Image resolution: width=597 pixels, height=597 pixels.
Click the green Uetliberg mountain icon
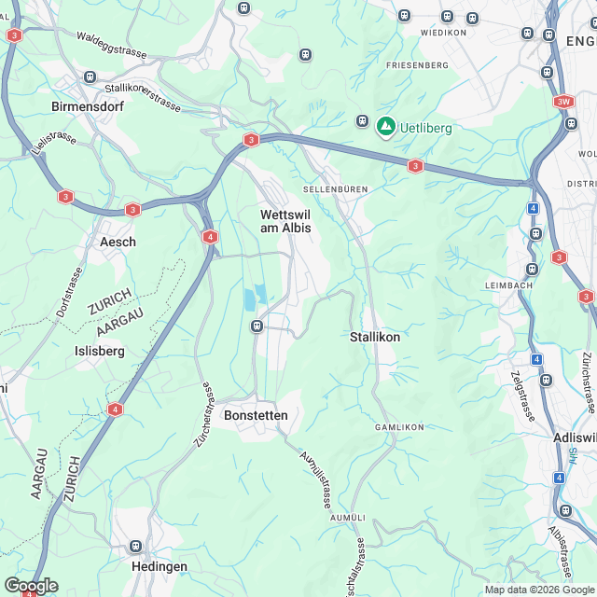(385, 126)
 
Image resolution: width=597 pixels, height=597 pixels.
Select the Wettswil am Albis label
(285, 221)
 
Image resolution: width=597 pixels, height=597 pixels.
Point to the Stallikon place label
(375, 336)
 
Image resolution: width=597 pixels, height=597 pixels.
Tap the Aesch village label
(118, 242)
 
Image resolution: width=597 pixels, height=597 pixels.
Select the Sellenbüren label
(335, 189)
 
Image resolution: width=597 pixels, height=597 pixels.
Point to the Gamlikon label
(399, 427)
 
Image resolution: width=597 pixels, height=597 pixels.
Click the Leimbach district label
(507, 284)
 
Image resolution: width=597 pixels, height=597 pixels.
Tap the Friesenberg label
(417, 65)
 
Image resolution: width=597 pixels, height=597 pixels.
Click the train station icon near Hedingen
(136, 546)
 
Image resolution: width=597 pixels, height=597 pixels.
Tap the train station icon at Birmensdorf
(90, 77)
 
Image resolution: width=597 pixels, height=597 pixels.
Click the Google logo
(31, 586)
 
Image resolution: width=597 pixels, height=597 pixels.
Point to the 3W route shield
(562, 101)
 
